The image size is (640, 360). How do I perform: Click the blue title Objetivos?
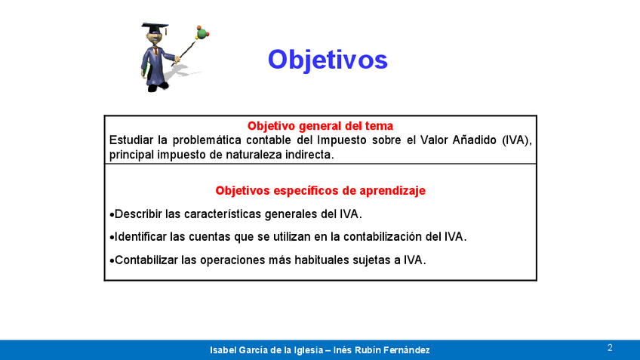pos(328,60)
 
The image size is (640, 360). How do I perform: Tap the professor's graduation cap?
pos(155,28)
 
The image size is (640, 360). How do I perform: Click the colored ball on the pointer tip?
pos(202,32)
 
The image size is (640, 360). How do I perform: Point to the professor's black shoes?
pos(158,87)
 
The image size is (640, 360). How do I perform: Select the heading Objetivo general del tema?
pos(321,126)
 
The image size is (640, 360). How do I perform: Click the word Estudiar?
pos(132,140)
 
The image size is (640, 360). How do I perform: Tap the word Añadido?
pos(474,140)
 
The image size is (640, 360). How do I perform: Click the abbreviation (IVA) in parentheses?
pos(517,140)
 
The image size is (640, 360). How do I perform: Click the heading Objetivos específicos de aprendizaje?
pos(321,191)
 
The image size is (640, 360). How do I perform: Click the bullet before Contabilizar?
pos(112,260)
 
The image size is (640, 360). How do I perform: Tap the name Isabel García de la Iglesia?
pos(267,350)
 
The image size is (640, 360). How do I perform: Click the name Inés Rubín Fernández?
pos(382,350)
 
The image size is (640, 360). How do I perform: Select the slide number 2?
pos(610,348)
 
